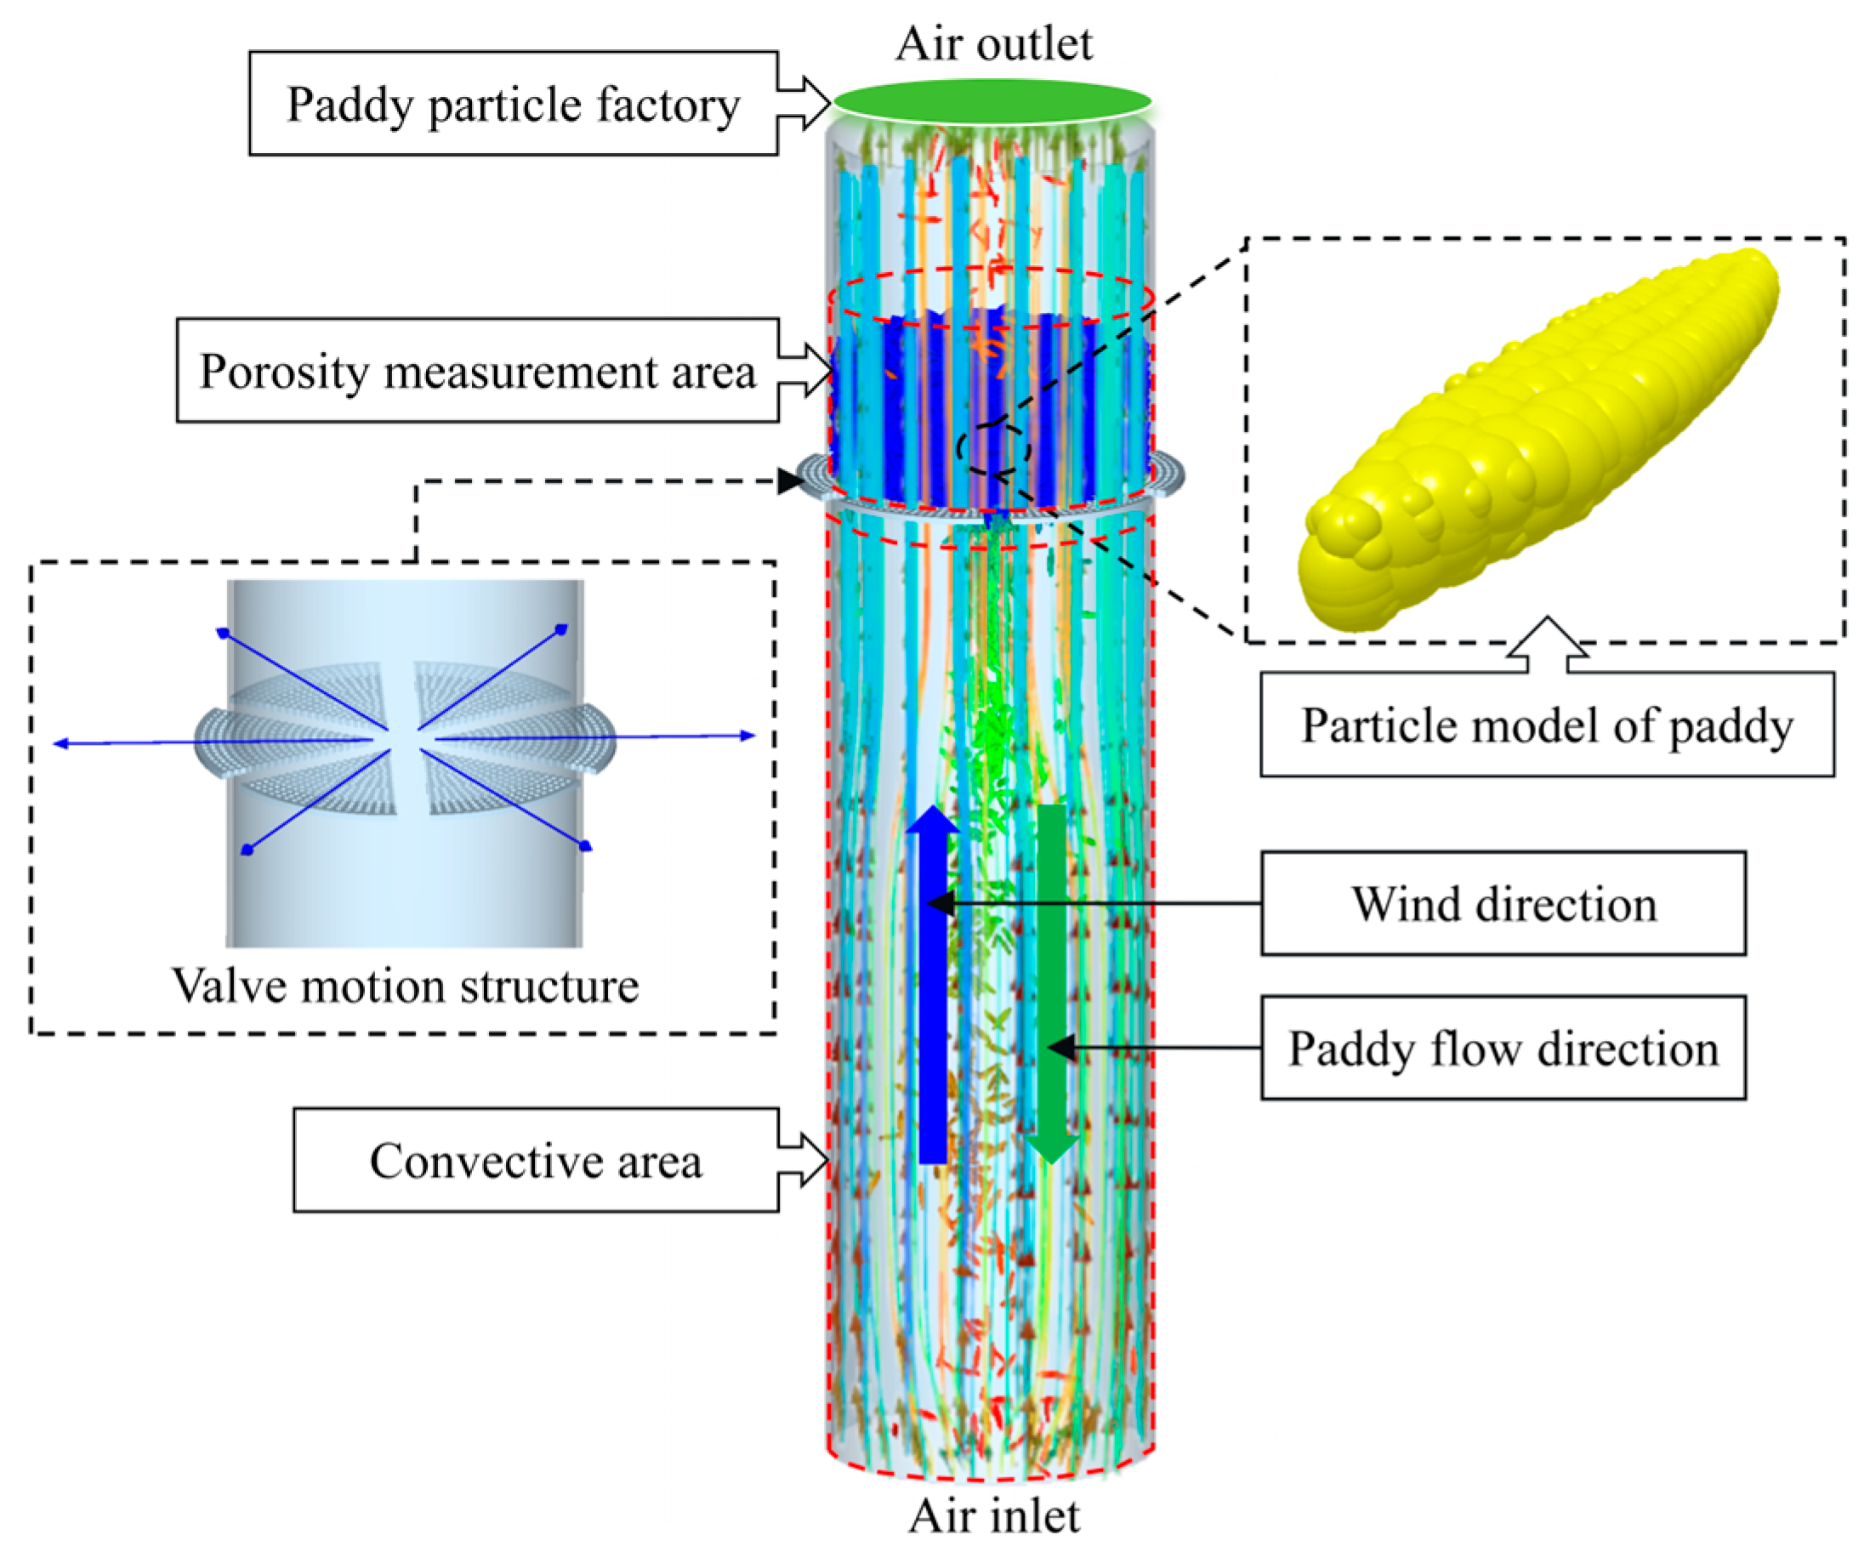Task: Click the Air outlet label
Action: pyautogui.click(x=994, y=43)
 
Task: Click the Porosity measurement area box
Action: pyautogui.click(x=477, y=371)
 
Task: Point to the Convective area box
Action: pyautogui.click(x=535, y=1160)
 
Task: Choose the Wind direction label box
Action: pyautogui.click(x=1503, y=904)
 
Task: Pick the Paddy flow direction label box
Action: pyautogui.click(x=1503, y=1048)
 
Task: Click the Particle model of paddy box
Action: pyautogui.click(x=1547, y=725)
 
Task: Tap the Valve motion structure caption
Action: pyautogui.click(x=405, y=986)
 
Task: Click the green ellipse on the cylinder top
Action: pyautogui.click(x=992, y=100)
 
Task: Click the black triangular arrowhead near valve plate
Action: pyautogui.click(x=789, y=481)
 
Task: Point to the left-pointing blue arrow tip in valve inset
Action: pyautogui.click(x=60, y=743)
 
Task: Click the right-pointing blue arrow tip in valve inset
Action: pyautogui.click(x=749, y=736)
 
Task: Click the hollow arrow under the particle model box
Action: pyautogui.click(x=1548, y=643)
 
